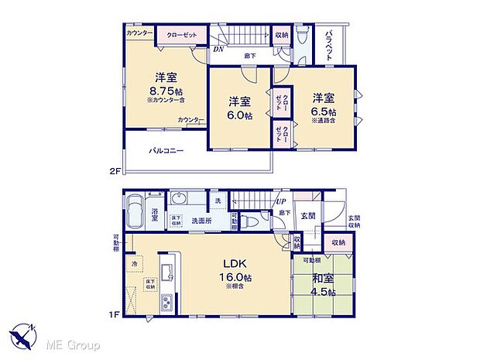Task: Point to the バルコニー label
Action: (166, 151)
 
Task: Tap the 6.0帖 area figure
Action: (239, 115)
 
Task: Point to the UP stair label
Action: (283, 203)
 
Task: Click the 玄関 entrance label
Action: (307, 215)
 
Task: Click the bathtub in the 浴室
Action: (135, 209)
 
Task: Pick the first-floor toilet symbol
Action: (249, 221)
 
